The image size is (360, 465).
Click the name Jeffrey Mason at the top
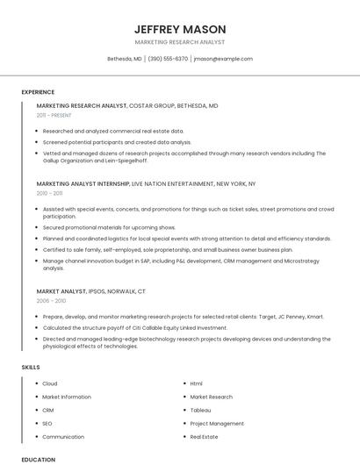click(x=180, y=29)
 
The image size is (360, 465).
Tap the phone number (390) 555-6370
click(x=168, y=59)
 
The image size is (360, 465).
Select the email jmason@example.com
click(x=223, y=59)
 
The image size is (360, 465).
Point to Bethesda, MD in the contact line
click(x=125, y=59)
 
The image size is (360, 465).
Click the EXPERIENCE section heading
click(x=38, y=92)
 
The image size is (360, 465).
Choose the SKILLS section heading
click(x=31, y=367)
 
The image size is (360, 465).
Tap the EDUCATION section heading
click(x=38, y=459)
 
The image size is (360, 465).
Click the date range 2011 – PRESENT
click(x=54, y=115)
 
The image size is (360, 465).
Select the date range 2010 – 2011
click(x=49, y=193)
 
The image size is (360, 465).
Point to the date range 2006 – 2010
click(x=50, y=300)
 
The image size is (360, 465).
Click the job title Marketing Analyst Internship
click(x=83, y=184)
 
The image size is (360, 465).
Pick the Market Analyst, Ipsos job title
click(x=61, y=291)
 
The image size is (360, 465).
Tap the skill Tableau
click(x=200, y=410)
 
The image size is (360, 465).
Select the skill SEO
click(x=47, y=423)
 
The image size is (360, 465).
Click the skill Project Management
click(x=217, y=423)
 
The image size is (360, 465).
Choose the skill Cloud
click(x=49, y=383)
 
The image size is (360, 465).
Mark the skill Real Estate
click(x=204, y=436)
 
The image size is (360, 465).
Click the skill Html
click(x=196, y=383)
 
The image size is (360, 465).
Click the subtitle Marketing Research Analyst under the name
click(x=180, y=42)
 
